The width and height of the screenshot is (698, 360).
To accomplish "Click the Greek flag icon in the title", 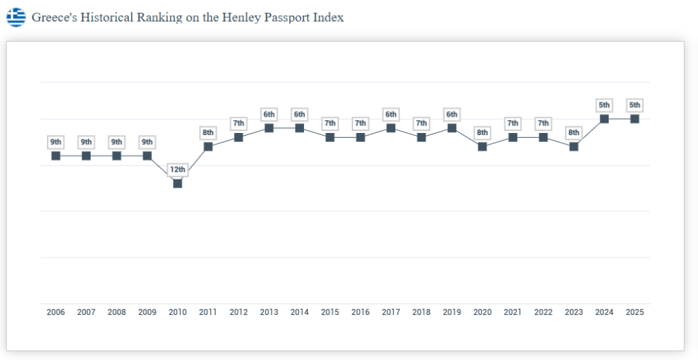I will [x=16, y=17].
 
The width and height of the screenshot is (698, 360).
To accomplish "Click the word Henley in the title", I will [x=239, y=17].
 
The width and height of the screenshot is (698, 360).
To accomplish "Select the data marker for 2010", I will [x=178, y=183].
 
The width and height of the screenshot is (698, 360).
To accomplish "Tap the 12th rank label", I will [x=178, y=169].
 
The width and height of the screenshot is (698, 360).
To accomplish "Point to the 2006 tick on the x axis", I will [x=56, y=312].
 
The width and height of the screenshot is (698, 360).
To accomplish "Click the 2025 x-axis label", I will [x=635, y=312].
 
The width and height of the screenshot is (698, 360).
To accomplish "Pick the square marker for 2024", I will [x=604, y=119].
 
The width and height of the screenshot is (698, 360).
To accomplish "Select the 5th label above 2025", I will [x=635, y=105].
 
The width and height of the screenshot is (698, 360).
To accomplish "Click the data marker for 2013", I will [x=269, y=127].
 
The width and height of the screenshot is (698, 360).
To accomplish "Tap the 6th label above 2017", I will [x=391, y=114].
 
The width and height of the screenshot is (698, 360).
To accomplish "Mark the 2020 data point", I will [x=483, y=146].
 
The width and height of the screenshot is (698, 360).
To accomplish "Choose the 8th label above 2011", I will [x=208, y=132].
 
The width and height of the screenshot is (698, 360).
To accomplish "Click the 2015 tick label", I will [x=330, y=312].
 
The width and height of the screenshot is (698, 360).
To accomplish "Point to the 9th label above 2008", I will [x=117, y=142].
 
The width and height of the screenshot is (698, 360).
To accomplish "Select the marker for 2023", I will [x=574, y=146].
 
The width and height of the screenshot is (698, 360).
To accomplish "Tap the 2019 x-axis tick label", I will [x=452, y=312].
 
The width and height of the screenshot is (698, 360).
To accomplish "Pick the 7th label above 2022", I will [x=543, y=123].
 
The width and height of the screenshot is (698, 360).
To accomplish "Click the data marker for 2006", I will [x=56, y=155].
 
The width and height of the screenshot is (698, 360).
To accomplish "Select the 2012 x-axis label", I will [x=239, y=312].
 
